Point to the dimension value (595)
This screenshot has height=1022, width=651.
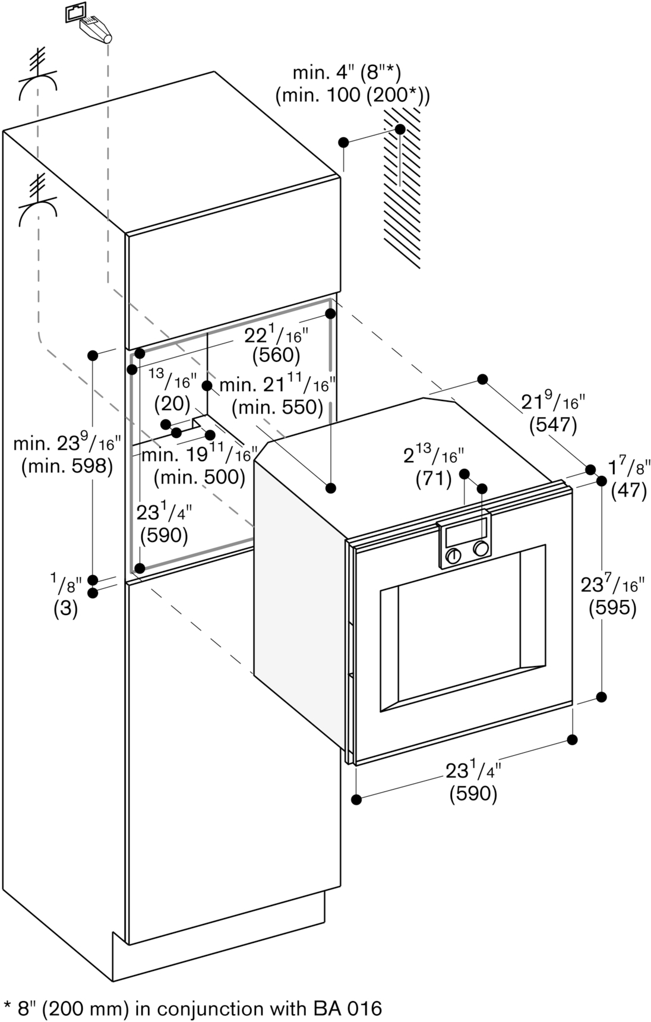(x=612, y=608)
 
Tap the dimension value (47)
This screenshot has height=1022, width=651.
(x=628, y=491)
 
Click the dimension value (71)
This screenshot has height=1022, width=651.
(x=434, y=478)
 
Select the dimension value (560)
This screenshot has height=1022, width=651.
(x=276, y=355)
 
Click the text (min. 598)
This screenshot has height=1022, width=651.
(x=67, y=466)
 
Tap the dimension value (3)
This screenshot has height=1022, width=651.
(x=65, y=610)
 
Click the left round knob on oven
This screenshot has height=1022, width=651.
(x=453, y=556)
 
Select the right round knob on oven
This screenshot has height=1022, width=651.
(x=482, y=548)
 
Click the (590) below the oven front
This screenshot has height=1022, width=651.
(x=473, y=793)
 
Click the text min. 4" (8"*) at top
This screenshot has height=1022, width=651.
(x=347, y=74)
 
